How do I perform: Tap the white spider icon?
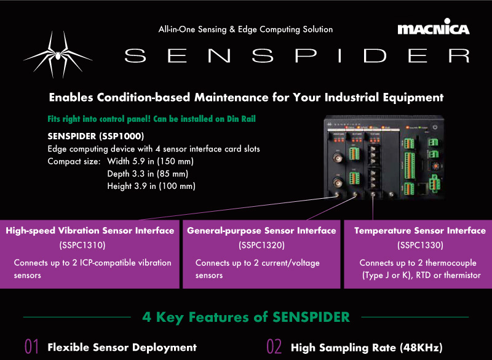pos(58,55)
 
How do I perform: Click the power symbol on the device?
pos(435,127)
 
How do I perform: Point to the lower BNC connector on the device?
pos(338,182)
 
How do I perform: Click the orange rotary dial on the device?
pos(435,166)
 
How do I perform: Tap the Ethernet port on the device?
pos(422,188)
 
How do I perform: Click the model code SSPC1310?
pos(82,245)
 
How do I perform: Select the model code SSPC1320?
pos(261,245)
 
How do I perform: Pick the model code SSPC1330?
pos(420,245)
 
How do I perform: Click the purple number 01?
pos(32,346)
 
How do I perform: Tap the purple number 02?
pos(274,346)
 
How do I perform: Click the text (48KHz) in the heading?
pos(421,348)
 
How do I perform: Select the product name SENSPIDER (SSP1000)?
pos(96,136)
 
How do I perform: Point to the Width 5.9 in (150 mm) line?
pos(150,161)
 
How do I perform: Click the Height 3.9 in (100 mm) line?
pos(151,186)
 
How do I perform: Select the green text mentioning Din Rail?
pos(151,119)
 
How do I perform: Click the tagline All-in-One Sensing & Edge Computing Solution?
pos(245,30)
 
